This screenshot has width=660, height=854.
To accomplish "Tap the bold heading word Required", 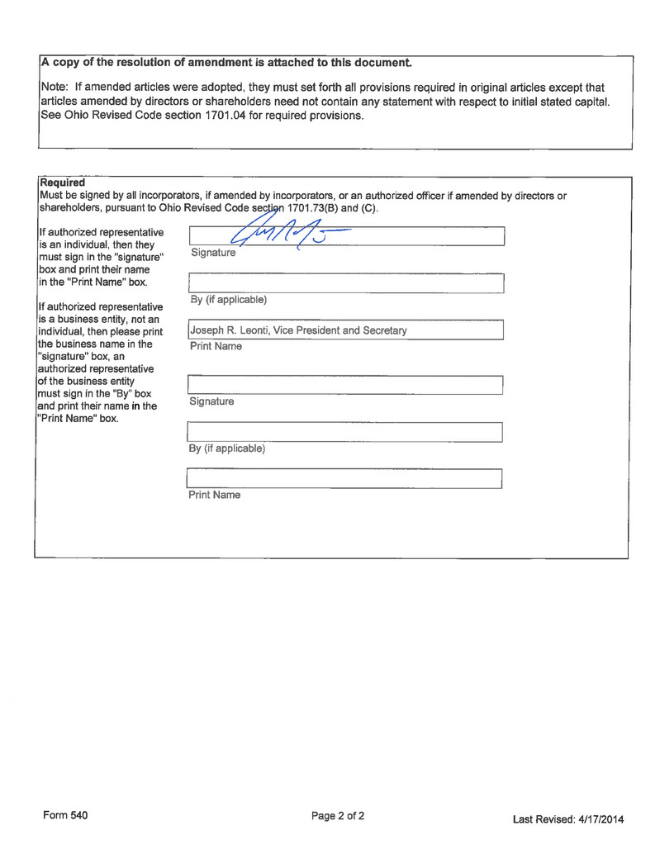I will click(62, 182).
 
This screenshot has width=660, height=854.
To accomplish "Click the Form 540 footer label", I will click(65, 815).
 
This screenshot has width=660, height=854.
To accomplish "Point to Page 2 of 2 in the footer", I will click(338, 816).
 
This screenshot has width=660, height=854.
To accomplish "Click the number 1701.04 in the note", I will click(231, 116).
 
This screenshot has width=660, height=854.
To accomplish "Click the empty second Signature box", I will click(345, 384).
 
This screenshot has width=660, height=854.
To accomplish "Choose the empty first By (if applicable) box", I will click(345, 283).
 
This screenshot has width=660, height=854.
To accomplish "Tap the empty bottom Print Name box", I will click(345, 478).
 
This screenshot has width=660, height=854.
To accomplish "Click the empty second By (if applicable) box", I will click(345, 431).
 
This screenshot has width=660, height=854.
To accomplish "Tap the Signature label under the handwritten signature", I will click(213, 252).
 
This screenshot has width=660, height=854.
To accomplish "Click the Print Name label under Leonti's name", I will click(215, 346).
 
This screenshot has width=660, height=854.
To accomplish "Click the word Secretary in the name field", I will click(382, 331).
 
